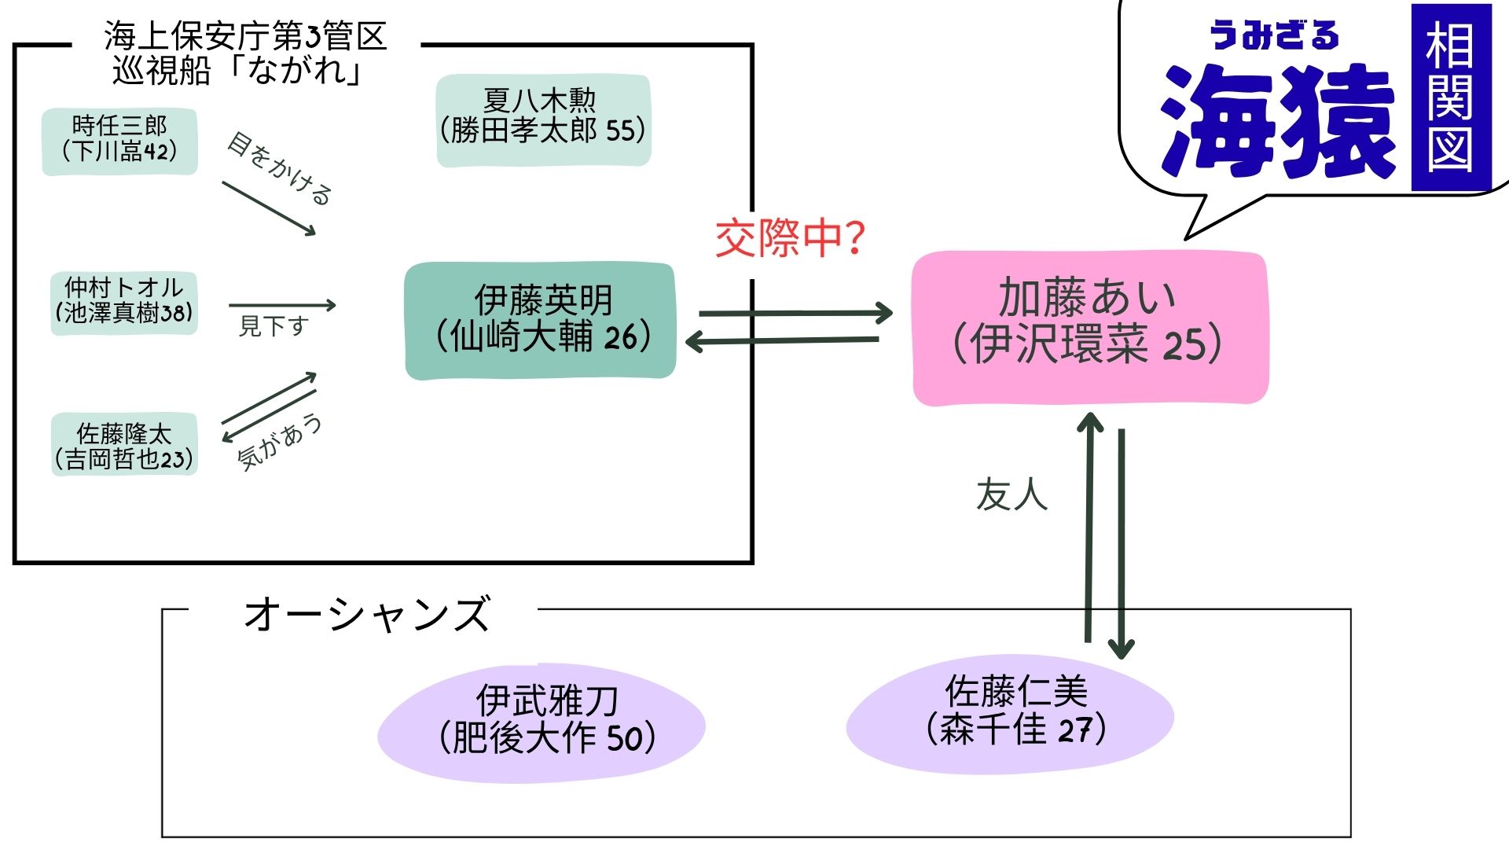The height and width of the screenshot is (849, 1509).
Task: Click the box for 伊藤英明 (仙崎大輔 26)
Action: [x=541, y=321]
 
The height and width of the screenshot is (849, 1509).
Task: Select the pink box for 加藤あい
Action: [x=1089, y=328]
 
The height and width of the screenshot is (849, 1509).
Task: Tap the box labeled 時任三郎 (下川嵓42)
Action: [x=119, y=140]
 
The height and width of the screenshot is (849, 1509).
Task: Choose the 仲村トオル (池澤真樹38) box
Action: [x=123, y=302]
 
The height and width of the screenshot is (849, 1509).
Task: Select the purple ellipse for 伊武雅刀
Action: [x=542, y=722]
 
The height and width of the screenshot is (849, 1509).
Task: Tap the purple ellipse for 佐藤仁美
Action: [x=1011, y=714]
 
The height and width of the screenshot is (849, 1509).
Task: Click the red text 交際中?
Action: [x=789, y=238]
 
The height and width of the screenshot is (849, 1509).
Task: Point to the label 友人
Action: [x=1012, y=495]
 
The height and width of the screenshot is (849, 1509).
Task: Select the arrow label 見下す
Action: [x=273, y=325]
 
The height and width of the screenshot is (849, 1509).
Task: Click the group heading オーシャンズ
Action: [x=366, y=615]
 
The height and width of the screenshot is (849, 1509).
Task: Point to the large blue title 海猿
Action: [x=1276, y=123]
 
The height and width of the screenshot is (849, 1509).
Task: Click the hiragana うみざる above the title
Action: [x=1273, y=36]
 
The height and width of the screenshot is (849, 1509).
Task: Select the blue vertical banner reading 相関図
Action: [x=1451, y=97]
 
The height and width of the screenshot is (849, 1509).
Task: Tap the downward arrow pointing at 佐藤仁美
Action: [x=1121, y=542]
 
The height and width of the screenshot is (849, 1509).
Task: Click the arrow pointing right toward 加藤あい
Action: [x=794, y=313]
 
